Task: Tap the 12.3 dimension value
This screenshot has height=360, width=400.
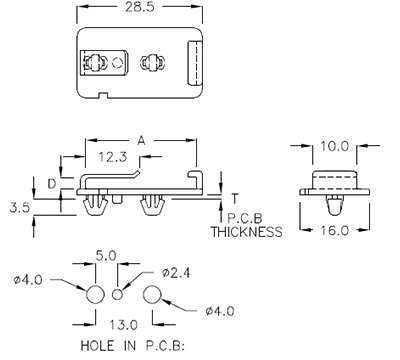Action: pyautogui.click(x=111, y=157)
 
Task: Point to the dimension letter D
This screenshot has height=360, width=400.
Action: pyautogui.click(x=53, y=182)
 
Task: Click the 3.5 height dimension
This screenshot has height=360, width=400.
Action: pyautogui.click(x=19, y=208)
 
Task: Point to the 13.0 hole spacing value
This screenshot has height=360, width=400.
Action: pyautogui.click(x=124, y=324)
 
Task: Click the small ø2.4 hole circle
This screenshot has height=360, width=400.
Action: pyautogui.click(x=118, y=294)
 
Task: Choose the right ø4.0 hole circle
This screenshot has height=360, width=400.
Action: pyautogui.click(x=153, y=294)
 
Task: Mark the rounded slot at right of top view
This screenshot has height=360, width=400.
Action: pyautogui.click(x=197, y=63)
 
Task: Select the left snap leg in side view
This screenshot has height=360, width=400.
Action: pyautogui.click(x=97, y=207)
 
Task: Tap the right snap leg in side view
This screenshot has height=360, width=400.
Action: pyautogui.click(x=154, y=207)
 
